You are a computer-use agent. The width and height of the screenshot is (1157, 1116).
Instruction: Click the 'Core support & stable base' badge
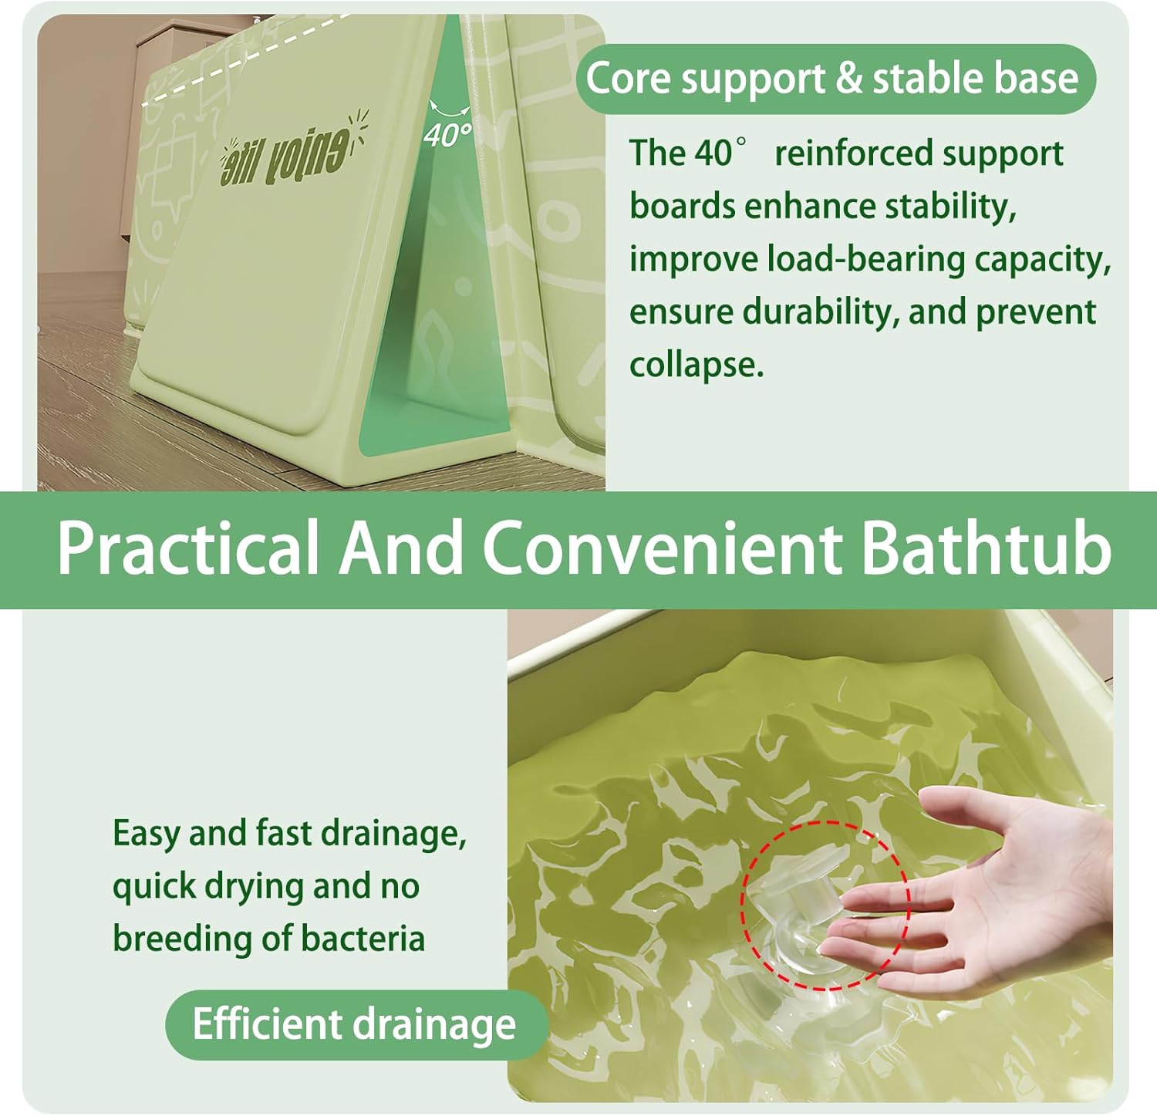pos(836,79)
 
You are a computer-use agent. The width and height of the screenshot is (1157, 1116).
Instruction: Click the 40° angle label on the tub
pos(447,135)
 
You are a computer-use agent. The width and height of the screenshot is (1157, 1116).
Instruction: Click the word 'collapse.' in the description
pos(697,364)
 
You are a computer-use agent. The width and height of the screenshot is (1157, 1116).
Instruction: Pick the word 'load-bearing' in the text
pos(865,260)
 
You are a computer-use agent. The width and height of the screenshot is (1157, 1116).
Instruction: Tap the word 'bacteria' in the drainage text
pos(363,939)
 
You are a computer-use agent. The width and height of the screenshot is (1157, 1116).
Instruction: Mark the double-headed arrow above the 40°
pos(450,108)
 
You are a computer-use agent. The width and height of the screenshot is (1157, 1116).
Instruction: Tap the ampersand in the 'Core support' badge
pos(849,79)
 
